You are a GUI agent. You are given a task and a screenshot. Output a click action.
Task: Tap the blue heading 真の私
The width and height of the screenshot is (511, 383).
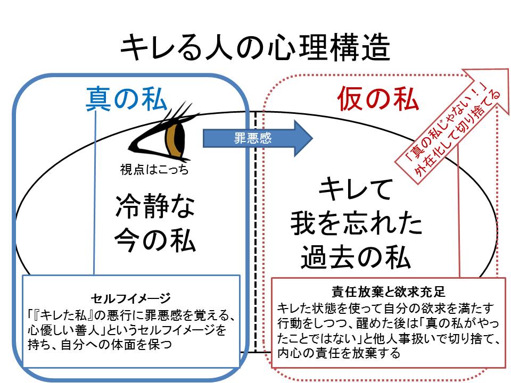(x=127, y=98)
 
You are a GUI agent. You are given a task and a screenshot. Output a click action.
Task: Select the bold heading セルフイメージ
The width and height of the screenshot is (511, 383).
(x=131, y=296)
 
